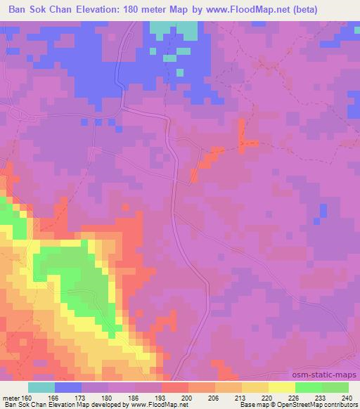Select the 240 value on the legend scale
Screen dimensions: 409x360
[348, 397]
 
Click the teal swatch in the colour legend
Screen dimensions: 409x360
[41, 387]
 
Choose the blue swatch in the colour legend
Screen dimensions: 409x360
[68, 387]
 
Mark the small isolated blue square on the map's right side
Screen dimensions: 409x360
[323, 210]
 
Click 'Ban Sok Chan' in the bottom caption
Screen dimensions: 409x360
[23, 405]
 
